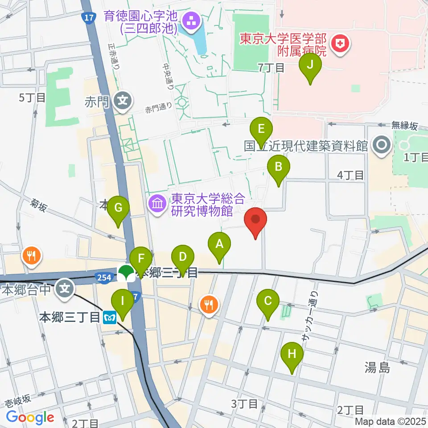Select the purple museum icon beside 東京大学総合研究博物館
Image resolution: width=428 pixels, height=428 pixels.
[157, 204]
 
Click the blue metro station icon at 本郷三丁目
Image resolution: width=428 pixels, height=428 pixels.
[109, 317]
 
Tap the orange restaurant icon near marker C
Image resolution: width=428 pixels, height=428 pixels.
[208, 305]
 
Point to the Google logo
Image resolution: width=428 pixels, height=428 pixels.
[30, 417]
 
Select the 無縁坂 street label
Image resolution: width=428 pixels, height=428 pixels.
[405, 126]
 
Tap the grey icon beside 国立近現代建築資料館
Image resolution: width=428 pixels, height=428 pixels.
[381, 144]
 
